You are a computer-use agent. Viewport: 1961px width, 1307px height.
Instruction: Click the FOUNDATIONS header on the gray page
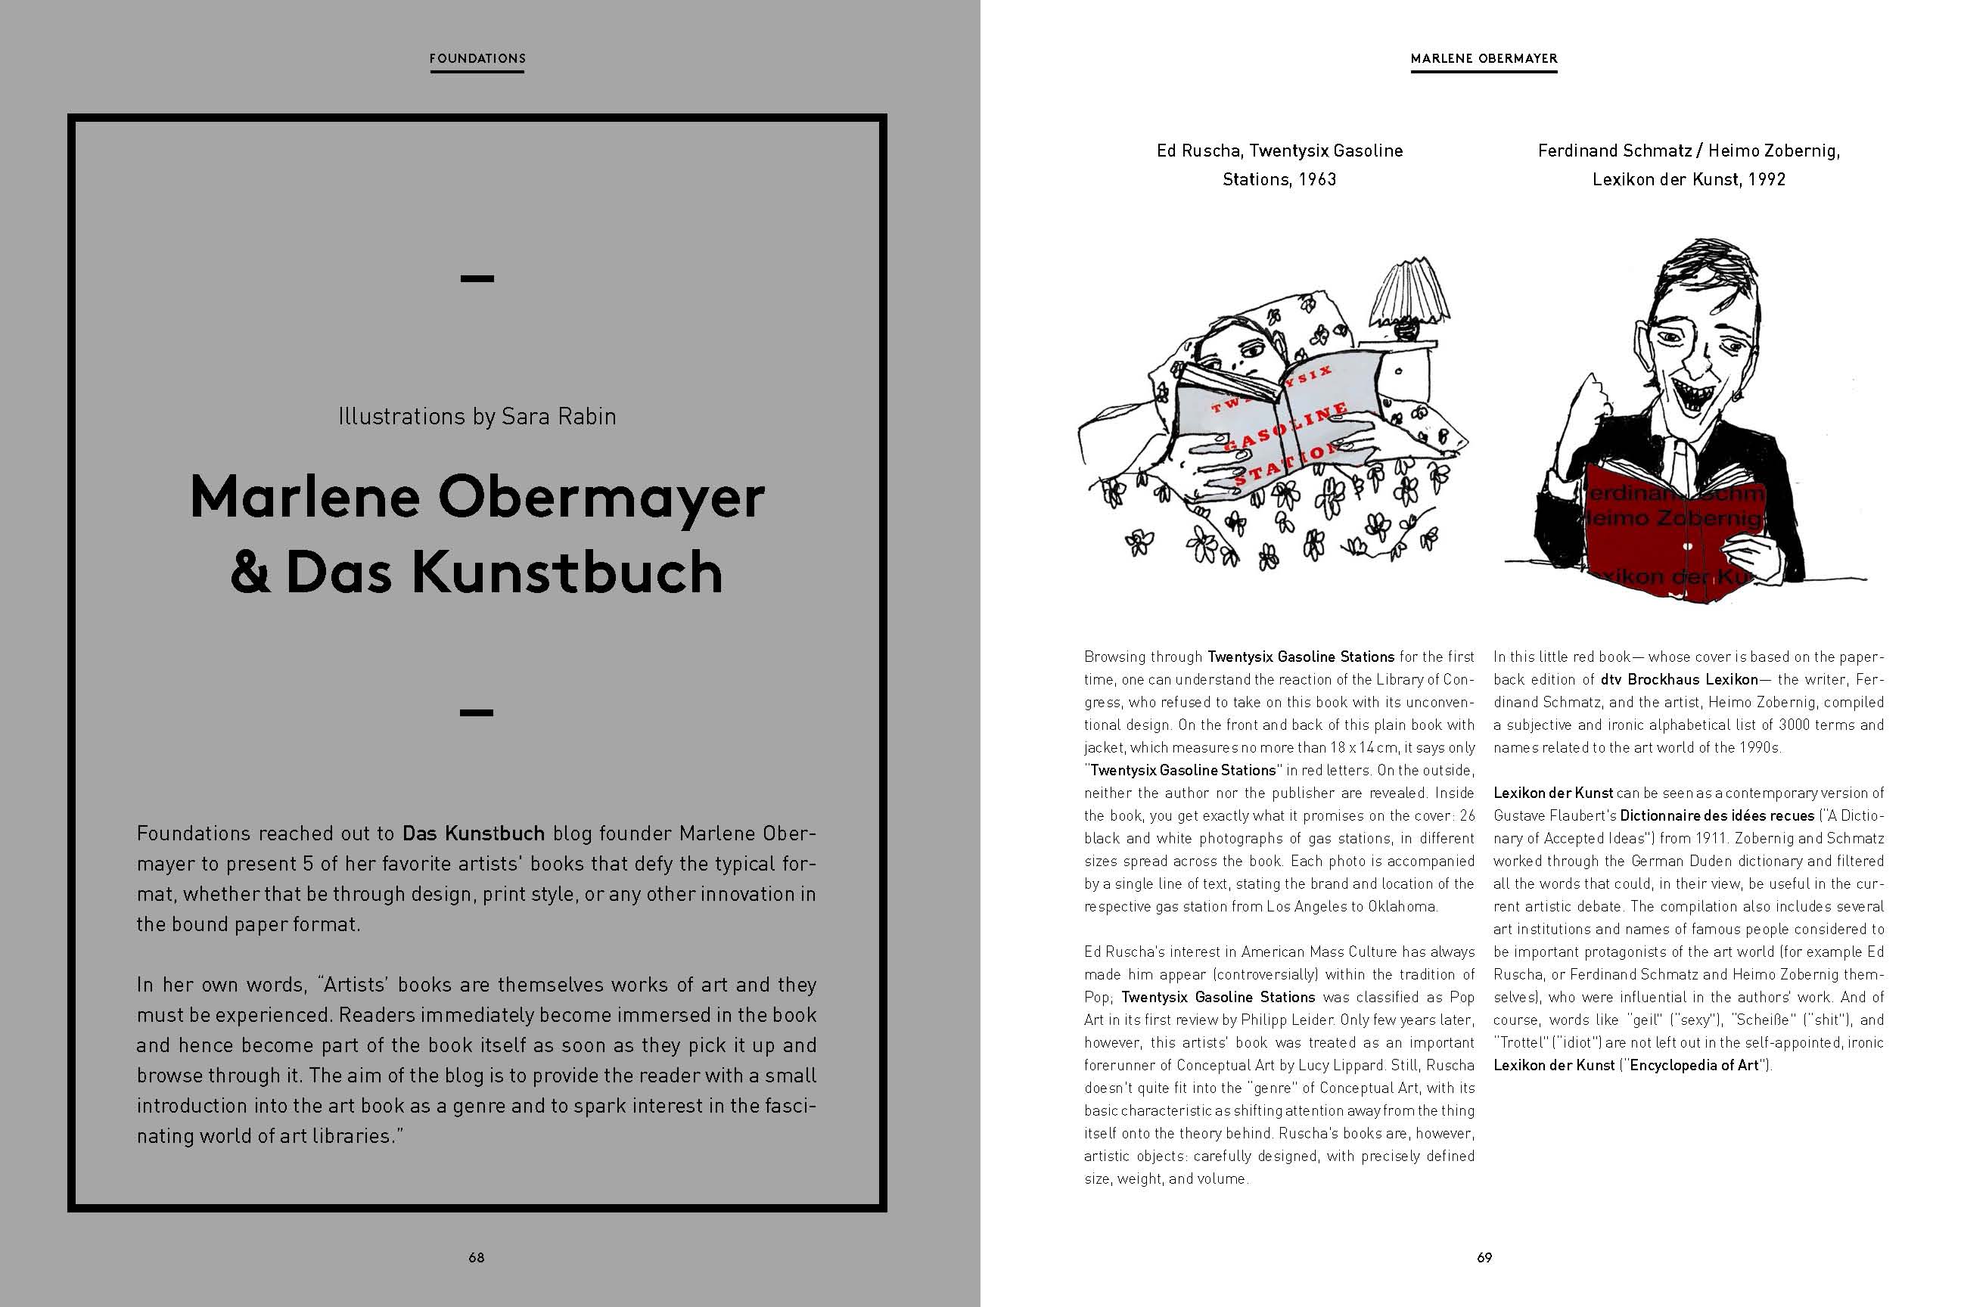(x=477, y=58)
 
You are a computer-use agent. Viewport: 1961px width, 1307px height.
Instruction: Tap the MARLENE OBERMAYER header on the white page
(x=1484, y=58)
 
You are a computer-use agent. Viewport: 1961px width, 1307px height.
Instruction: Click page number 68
(x=476, y=1257)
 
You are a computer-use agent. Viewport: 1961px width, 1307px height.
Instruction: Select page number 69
(x=1484, y=1257)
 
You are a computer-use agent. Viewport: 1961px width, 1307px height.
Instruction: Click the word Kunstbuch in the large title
(x=567, y=573)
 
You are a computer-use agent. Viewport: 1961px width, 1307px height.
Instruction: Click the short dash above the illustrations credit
(x=477, y=278)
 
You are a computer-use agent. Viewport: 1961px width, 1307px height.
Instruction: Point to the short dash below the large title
(x=477, y=712)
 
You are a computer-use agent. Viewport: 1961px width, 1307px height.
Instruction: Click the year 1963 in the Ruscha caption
(x=1317, y=179)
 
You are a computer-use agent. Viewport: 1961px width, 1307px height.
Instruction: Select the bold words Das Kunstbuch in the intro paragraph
(x=473, y=833)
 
